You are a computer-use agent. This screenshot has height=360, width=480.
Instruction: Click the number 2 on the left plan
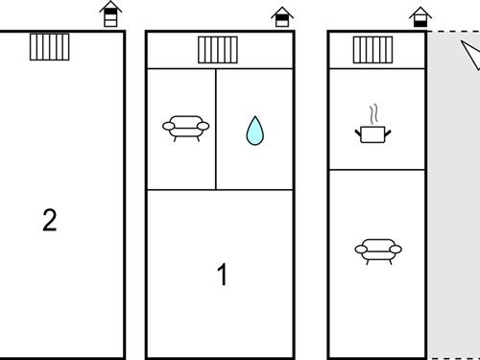50,220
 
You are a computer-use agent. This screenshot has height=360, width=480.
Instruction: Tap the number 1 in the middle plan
223,275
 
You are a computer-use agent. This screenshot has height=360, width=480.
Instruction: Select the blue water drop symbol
255,131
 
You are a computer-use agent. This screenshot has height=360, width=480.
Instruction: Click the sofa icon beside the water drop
185,129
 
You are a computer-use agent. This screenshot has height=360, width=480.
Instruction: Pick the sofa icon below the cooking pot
378,252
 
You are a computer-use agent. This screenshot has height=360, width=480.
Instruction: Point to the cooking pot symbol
372,134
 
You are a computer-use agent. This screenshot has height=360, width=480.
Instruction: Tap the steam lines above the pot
374,114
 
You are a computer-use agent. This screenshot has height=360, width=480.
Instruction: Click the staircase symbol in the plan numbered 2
50,47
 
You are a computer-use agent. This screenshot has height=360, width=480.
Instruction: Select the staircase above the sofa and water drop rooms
218,50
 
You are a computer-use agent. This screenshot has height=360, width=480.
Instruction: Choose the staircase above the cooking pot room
372,50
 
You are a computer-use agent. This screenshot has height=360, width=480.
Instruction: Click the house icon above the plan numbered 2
110,14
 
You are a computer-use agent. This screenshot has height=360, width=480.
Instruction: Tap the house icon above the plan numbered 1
282,16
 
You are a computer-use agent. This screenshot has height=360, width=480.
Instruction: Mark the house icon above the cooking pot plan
420,17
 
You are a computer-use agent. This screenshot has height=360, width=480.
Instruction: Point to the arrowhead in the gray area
471,54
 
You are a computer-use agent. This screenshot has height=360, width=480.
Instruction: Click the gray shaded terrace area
454,195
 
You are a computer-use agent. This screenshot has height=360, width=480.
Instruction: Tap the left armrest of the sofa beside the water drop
169,127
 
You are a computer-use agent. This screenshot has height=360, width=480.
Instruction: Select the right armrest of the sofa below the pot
396,250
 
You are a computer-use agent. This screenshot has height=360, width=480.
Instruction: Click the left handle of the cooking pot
358,133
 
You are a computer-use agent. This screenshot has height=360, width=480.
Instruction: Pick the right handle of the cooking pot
388,133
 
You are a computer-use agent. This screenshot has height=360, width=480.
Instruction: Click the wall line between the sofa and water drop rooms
216,130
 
